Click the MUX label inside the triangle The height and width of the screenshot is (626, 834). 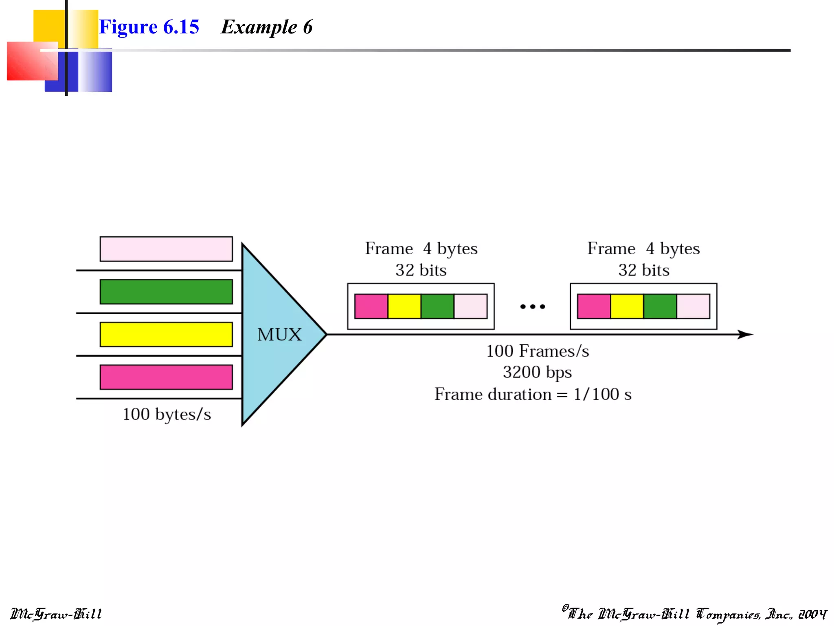279,335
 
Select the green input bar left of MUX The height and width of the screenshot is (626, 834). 166,292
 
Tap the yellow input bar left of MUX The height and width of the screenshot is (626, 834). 166,335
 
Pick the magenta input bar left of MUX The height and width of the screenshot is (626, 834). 166,377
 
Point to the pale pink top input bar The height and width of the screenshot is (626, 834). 166,249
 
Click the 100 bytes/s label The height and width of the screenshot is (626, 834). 167,414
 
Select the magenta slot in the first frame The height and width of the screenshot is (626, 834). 371,306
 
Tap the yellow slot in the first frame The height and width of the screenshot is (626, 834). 404,306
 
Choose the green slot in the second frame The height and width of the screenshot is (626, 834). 660,306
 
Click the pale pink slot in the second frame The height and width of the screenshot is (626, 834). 693,306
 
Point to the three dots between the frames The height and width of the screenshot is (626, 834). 532,306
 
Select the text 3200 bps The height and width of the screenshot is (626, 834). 537,372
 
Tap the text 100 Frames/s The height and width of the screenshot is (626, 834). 538,351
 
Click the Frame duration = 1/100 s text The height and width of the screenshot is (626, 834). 533,394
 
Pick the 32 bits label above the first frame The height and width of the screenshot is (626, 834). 421,270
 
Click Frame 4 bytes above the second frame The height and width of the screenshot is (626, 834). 643,249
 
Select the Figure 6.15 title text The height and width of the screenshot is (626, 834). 149,27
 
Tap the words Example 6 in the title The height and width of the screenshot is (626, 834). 267,27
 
